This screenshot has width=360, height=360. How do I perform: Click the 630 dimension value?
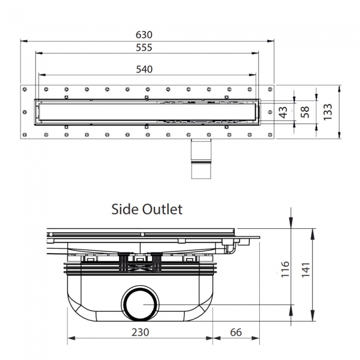coord(144,35)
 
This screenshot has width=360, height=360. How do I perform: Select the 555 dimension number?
coord(144,48)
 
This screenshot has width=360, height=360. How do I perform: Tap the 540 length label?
coord(144,69)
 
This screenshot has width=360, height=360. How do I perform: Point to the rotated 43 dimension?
coord(284,112)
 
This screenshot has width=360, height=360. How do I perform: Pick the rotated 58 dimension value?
coord(305,112)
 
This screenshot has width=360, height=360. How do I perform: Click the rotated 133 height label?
coord(328,112)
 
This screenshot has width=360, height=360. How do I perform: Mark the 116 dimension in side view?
coord(285,269)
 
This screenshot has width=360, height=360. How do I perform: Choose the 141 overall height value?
coord(306,270)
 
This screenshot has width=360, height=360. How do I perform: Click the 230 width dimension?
coord(140,332)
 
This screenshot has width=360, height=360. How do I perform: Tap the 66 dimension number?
coord(236,332)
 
